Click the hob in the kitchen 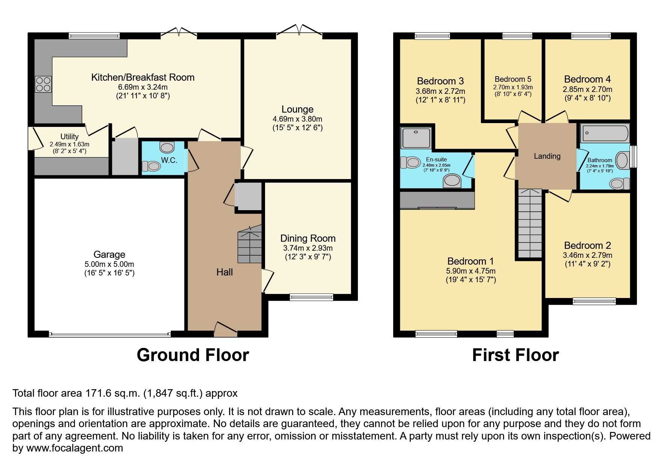click(43, 84)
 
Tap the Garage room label click(109, 254)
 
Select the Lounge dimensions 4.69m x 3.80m click(297, 119)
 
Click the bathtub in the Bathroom click(605, 133)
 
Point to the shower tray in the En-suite click(416, 137)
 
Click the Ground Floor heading click(193, 355)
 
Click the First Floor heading click(515, 355)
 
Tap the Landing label click(547, 156)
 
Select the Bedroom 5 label click(513, 79)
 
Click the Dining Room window click(311, 297)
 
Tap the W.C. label click(169, 160)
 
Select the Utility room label click(69, 137)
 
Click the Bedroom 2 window click(594, 301)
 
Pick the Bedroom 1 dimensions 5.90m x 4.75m click(471, 271)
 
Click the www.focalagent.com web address click(74, 448)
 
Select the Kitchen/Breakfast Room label click(143, 77)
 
